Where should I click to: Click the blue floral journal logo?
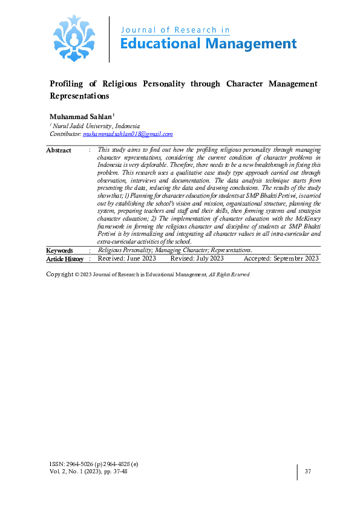pos(74,38)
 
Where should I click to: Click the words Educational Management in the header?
pos(209,44)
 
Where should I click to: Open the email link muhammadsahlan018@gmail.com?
pos(128,134)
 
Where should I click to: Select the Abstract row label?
pos(59,151)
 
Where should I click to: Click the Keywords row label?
pos(60,250)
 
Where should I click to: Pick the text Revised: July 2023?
pos(197,259)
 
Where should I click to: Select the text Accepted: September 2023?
pos(281,259)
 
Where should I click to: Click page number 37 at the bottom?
pos(308,472)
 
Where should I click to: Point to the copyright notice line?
pos(148,274)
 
